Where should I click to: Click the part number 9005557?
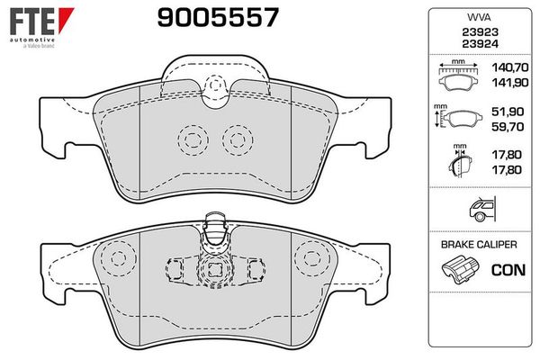pyautogui.click(x=218, y=18)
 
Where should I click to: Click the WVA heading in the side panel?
pyautogui.click(x=479, y=17)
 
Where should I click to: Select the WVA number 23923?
pyautogui.click(x=480, y=32)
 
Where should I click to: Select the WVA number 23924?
pyautogui.click(x=480, y=44)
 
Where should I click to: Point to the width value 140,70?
pyautogui.click(x=509, y=67)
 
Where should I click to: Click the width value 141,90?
pyautogui.click(x=509, y=82)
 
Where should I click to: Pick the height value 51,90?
pyautogui.click(x=508, y=112)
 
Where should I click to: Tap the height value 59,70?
pyautogui.click(x=508, y=126)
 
